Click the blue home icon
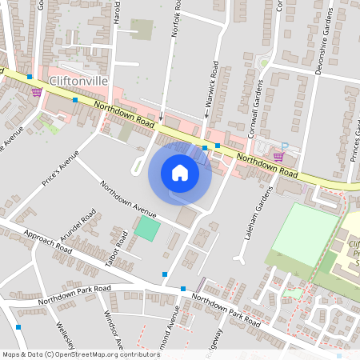tap(180, 172)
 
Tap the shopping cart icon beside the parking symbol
tap(278, 156)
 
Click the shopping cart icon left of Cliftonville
tap(36, 91)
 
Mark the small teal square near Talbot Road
tap(146, 227)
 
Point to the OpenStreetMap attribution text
tap(80, 354)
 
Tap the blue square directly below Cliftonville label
tap(75, 100)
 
